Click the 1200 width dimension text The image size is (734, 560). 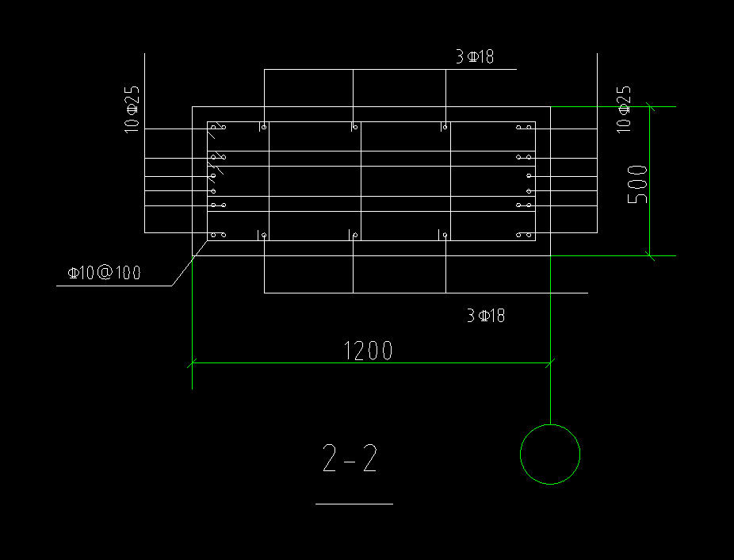click(368, 350)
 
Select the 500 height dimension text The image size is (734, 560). click(637, 184)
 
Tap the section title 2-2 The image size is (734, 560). click(350, 459)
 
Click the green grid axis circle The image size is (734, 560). click(549, 454)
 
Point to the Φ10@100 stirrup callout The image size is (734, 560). click(104, 273)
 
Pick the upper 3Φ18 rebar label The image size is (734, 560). click(475, 56)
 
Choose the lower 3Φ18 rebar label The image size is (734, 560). click(485, 316)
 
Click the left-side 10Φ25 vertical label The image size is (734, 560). click(132, 108)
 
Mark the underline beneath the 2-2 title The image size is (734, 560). click(354, 503)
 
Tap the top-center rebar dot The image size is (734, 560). click(355, 126)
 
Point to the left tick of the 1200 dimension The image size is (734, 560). click(192, 364)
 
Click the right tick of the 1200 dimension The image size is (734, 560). click(550, 364)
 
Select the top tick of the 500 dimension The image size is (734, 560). click(649, 106)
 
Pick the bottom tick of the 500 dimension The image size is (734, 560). click(649, 255)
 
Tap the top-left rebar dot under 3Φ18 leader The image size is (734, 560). click(264, 126)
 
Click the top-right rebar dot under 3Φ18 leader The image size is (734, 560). click(445, 126)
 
